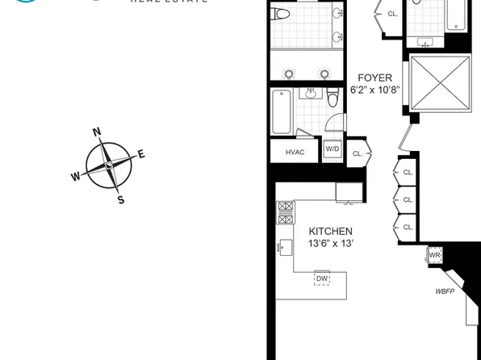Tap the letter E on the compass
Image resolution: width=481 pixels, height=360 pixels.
pos(141,155)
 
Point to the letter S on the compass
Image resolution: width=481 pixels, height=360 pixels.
pos(121,200)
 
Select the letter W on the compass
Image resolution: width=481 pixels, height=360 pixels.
pos(76,177)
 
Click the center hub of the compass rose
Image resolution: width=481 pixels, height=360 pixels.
pos(109,165)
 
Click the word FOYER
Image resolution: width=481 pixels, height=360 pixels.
pos(375,78)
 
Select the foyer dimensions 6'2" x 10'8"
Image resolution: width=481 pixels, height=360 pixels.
pos(375,91)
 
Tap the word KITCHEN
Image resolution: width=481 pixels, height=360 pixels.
pos(330,232)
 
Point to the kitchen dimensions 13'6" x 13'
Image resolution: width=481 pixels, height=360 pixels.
pos(330,245)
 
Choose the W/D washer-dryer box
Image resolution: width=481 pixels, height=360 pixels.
pos(333,150)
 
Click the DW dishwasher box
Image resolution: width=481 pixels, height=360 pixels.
pos(322,278)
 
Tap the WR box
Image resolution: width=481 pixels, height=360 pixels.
pos(434,255)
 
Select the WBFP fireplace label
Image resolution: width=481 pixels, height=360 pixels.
pos(446,291)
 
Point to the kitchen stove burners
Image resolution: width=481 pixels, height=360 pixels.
pos(285,212)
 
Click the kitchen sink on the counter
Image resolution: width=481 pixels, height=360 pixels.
pos(285,247)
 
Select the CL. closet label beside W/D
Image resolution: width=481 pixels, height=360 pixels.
pos(357,153)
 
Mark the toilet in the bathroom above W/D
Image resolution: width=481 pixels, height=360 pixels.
pos(332,100)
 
